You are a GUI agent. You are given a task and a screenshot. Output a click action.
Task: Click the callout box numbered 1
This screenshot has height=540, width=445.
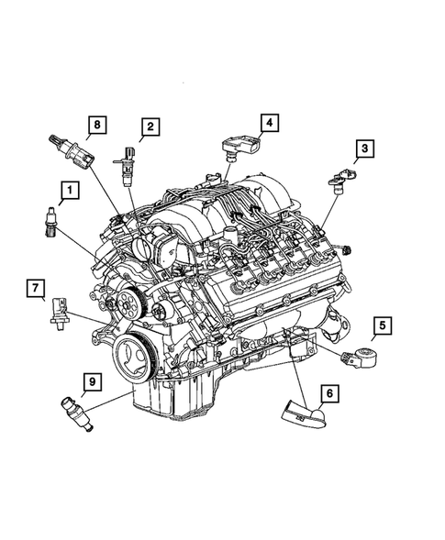tap(69, 192)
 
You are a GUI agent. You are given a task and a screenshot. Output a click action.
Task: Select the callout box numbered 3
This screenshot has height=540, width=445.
tap(365, 149)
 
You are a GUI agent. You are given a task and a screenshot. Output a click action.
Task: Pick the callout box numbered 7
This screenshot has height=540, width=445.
tap(36, 291)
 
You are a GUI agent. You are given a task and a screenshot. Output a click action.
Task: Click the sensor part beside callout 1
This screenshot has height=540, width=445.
tap(49, 222)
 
